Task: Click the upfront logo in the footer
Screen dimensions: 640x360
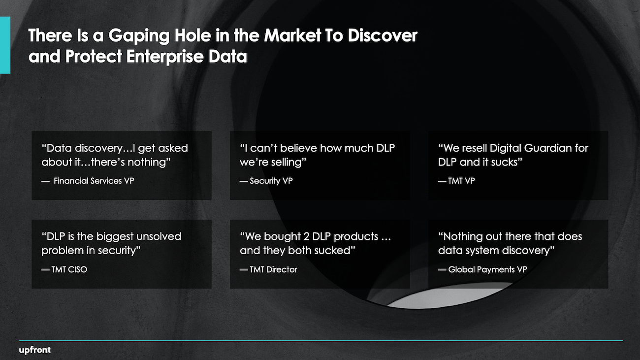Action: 34,350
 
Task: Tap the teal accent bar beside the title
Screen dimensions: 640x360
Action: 5,45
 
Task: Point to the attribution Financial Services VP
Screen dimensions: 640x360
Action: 94,181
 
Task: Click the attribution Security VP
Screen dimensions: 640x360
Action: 271,181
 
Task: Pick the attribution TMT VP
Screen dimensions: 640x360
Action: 461,181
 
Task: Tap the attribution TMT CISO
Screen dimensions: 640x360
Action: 69,269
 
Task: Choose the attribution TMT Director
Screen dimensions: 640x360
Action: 273,269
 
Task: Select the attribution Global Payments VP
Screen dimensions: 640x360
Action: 488,269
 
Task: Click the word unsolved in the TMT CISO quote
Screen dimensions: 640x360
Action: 159,236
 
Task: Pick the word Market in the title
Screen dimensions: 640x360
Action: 292,35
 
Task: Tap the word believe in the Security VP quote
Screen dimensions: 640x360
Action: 298,148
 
